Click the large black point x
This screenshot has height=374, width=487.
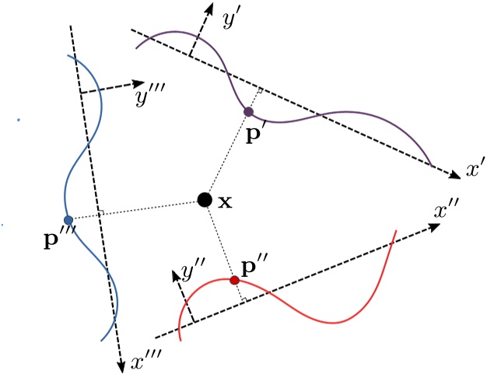204,200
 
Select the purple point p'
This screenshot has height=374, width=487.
248,112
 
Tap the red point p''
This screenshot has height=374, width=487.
234,280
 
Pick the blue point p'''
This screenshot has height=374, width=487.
68,220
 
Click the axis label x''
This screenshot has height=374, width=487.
449,210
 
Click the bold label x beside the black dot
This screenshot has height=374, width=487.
225,201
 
